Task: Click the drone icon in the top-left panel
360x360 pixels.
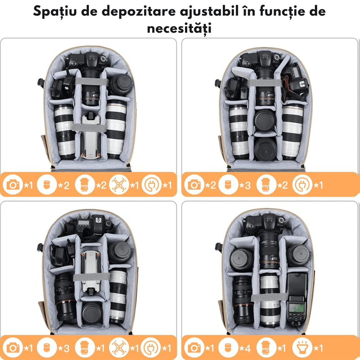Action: tap(118, 185)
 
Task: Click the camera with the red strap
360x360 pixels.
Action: tap(292, 81)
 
